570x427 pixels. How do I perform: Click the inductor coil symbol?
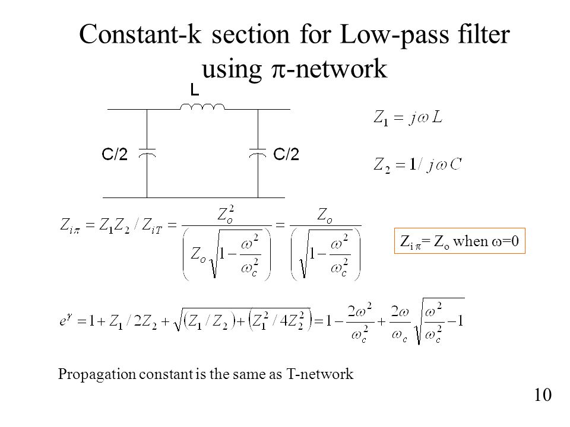click(202, 106)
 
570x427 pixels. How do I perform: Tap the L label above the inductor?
click(195, 90)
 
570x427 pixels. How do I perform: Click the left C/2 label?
click(115, 154)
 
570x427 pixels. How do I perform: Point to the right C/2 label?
click(286, 154)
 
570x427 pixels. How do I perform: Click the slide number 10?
click(543, 395)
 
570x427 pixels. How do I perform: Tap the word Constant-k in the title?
click(140, 34)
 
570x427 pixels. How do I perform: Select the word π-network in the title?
click(330, 68)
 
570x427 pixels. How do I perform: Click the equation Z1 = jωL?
click(408, 117)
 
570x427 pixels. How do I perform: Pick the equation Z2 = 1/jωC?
click(417, 165)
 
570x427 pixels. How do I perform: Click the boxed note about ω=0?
click(460, 240)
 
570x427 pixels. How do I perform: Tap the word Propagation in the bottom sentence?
click(97, 374)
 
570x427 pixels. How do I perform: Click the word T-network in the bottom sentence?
click(320, 374)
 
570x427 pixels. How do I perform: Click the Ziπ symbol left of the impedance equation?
click(69, 225)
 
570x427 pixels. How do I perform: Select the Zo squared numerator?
click(226, 214)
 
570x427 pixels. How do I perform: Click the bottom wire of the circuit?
click(194, 198)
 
